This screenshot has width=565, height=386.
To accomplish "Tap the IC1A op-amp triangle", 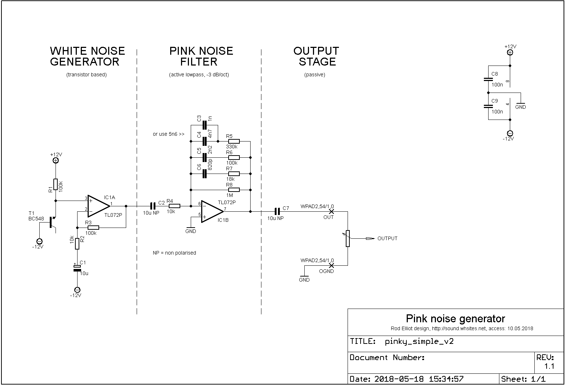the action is click(99, 206).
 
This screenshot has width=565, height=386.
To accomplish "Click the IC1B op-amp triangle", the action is click(212, 212).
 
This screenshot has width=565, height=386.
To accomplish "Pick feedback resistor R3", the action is click(93, 228).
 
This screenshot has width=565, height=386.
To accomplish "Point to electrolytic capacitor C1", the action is click(77, 268).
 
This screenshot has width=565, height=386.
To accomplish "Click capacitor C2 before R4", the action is click(153, 206).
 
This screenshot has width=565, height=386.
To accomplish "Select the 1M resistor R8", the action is click(234, 190).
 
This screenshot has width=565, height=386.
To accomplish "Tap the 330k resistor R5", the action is click(234, 142).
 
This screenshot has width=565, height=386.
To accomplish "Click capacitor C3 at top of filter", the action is click(204, 125).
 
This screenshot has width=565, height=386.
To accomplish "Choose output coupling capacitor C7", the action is click(277, 211).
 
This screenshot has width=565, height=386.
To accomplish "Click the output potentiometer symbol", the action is click(348, 238).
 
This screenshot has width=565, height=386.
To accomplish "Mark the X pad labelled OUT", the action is click(331, 211).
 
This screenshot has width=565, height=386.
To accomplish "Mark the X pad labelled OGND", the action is click(331, 265).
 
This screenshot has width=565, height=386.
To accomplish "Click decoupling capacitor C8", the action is click(488, 79).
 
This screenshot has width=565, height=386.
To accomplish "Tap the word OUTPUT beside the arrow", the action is click(387, 238).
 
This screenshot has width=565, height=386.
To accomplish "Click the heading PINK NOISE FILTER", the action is click(201, 56).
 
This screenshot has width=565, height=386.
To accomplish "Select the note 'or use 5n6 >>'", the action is click(168, 134).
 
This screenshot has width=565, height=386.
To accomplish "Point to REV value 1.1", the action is click(549, 366).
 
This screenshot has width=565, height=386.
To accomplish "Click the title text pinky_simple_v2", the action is click(419, 341).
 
